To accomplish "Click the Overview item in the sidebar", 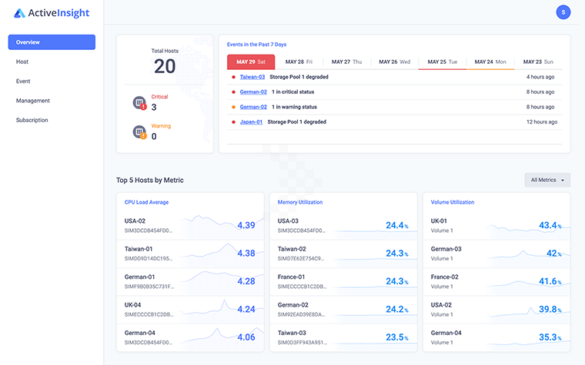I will click(52, 42).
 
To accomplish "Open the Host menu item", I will click(22, 61).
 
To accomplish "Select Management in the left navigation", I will click(33, 101).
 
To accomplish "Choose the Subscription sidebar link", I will click(32, 120).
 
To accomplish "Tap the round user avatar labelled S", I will click(563, 12).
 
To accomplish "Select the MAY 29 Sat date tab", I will click(251, 61).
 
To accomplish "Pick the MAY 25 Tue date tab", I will click(442, 61).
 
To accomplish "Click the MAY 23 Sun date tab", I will click(537, 61).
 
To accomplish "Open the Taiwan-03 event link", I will click(252, 77).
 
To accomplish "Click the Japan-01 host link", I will click(251, 121).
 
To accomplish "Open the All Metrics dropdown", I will click(547, 180).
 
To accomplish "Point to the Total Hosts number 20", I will click(165, 66).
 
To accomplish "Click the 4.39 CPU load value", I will click(246, 225).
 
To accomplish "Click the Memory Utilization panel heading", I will click(300, 202).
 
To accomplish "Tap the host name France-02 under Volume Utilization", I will click(445, 277).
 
